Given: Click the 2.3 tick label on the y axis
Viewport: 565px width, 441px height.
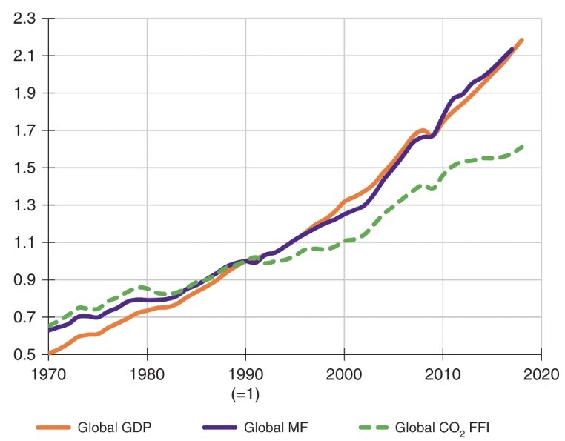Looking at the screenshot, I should pos(25,18).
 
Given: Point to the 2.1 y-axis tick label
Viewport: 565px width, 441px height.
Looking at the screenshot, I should pos(25,56).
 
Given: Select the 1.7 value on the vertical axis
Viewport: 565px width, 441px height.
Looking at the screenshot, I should pos(25,130).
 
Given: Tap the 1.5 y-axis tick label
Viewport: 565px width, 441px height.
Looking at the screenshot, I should pos(25,168).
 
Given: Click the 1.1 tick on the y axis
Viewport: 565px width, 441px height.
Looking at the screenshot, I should pos(25,242).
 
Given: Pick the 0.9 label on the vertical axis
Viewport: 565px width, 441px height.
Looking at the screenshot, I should pos(25,280).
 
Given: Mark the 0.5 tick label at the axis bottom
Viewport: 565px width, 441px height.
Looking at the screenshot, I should pos(25,355).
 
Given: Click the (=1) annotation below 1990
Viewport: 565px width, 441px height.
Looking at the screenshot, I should pos(245,390).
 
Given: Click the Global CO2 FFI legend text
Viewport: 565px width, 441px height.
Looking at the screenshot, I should pos(442,427).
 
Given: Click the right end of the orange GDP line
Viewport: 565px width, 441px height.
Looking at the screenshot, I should pos(522,40).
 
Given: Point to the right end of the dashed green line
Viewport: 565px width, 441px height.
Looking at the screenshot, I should pos(522,147).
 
